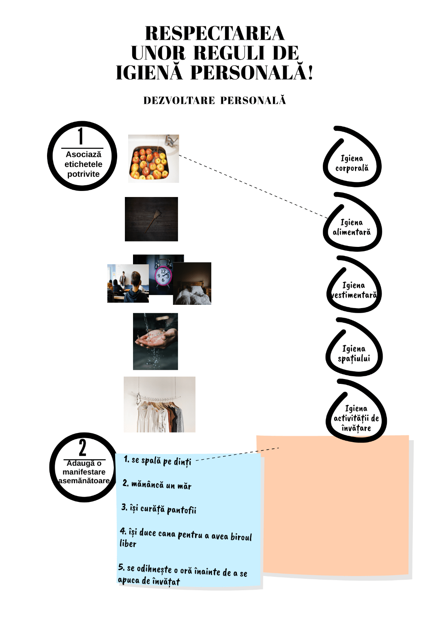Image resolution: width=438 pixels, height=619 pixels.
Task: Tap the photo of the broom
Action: [x=151, y=219]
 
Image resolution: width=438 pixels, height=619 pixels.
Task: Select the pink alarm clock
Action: [x=163, y=276]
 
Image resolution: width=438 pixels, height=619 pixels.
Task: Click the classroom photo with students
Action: [x=127, y=284]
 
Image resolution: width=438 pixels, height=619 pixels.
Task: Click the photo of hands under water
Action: [x=155, y=341]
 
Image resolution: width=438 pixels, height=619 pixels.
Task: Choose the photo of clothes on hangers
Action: [x=159, y=405]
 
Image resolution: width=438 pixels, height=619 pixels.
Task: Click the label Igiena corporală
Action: [x=352, y=163]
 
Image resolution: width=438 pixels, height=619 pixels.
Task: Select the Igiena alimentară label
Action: [x=352, y=227]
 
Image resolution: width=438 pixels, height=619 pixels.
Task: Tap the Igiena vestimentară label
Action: [x=354, y=290]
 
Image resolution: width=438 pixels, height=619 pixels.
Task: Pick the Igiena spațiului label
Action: [x=354, y=353]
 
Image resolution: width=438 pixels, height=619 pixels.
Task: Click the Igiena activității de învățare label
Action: [x=356, y=418]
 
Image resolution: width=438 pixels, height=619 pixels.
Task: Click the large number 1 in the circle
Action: [x=81, y=136]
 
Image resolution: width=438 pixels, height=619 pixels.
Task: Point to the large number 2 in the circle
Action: [x=83, y=448]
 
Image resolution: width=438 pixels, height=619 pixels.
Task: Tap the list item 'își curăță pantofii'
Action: [x=159, y=509]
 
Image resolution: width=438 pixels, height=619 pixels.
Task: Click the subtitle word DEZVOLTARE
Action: [x=179, y=101]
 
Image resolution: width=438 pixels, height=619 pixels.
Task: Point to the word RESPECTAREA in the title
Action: [x=215, y=34]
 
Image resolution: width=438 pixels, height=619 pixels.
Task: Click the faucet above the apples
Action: [x=172, y=140]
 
